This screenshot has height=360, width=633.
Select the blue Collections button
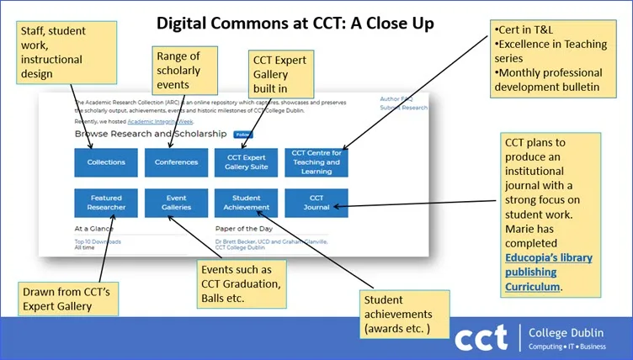(106, 162)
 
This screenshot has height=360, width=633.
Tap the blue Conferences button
(176, 162)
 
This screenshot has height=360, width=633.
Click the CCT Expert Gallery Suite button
(246, 162)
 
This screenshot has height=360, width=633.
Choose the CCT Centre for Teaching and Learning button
(316, 161)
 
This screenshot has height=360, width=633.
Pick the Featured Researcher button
(106, 203)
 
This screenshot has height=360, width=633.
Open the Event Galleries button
(176, 203)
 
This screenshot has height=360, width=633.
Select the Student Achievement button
(246, 203)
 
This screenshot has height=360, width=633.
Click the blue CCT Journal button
(316, 203)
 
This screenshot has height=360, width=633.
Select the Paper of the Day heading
(245, 228)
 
